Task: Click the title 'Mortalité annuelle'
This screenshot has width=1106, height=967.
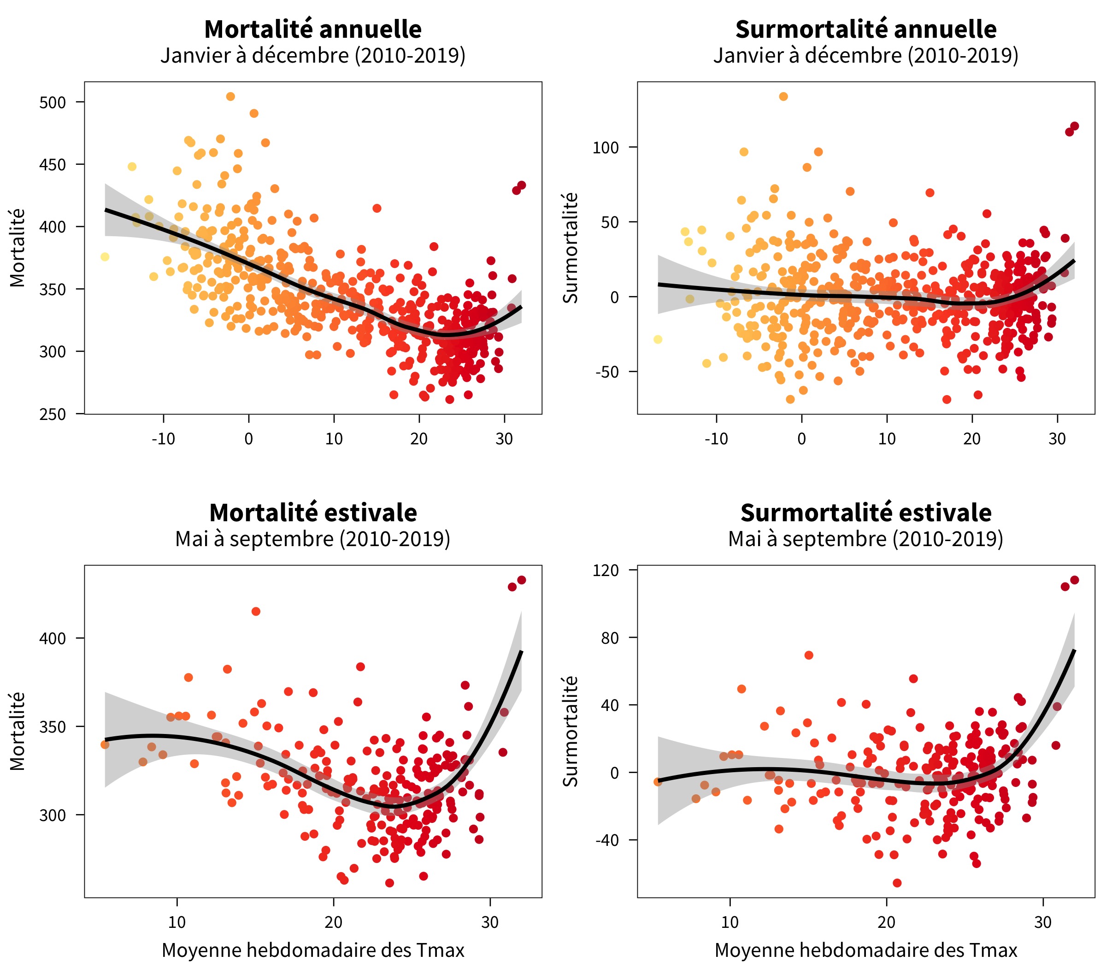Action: click(313, 29)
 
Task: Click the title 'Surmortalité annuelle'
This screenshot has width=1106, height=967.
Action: click(866, 29)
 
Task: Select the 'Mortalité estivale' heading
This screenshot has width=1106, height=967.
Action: click(313, 513)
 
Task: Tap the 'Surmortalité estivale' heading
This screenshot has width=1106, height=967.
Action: click(866, 513)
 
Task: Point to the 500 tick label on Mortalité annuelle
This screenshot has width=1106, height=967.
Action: click(53, 103)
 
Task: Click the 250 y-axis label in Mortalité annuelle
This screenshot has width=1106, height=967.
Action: click(53, 414)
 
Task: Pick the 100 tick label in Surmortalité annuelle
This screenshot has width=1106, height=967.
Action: click(606, 148)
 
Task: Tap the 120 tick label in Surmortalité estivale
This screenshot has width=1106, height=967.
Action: click(606, 571)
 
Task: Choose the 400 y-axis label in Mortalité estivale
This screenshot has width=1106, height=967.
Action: click(53, 638)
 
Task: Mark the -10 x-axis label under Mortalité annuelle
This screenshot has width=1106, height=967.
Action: click(163, 439)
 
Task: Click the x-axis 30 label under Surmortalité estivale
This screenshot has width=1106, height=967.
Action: click(1043, 922)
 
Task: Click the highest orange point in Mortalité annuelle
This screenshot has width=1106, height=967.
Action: click(230, 97)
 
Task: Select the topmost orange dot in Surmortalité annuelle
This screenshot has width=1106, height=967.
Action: click(783, 97)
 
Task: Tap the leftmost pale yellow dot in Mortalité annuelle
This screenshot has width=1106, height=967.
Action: click(105, 257)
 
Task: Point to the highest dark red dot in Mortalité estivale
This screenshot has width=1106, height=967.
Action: click(521, 580)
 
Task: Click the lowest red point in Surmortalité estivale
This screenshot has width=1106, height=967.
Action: click(897, 883)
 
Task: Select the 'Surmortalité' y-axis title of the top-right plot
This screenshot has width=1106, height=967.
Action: click(571, 248)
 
